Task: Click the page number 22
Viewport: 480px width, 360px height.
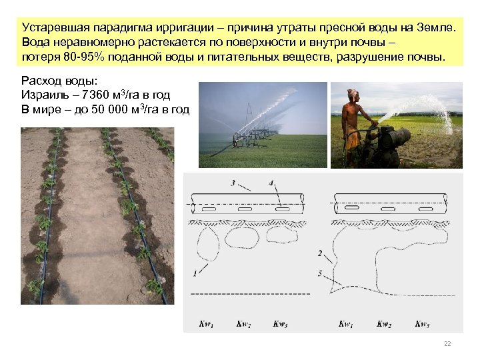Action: coord(447,343)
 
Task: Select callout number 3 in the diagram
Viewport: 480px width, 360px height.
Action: coord(232,183)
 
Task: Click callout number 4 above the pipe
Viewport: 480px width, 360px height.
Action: coord(271,183)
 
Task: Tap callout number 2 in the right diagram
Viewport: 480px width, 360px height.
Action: coord(321,253)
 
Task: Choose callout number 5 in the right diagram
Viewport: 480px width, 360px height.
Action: coord(321,273)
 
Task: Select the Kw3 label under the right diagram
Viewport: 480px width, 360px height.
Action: coord(422,324)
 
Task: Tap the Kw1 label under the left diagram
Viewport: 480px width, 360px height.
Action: coord(206,324)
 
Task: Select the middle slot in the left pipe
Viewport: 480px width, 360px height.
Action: coord(245,209)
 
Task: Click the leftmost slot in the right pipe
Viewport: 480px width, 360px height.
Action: coord(349,209)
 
